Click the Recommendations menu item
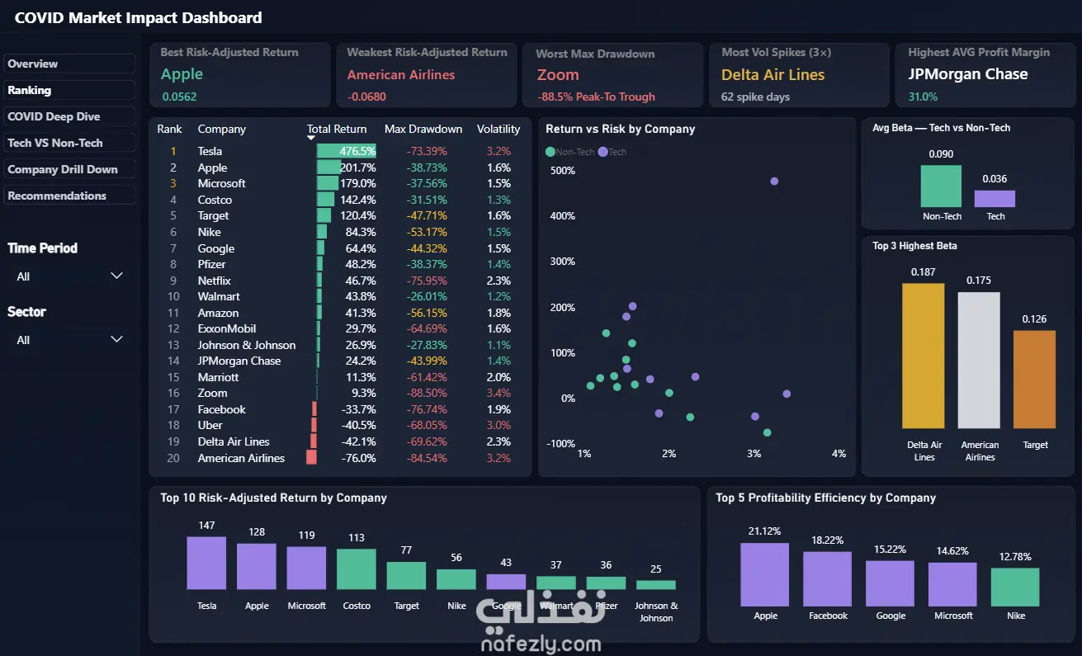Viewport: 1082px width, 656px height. point(69,196)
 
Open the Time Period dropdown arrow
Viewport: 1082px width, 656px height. point(116,276)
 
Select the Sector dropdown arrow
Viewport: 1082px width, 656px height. point(116,339)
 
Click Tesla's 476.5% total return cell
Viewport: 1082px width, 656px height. point(357,151)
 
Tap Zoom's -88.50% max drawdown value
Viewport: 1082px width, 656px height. point(427,394)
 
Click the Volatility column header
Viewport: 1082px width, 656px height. point(498,129)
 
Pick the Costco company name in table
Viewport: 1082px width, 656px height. point(215,200)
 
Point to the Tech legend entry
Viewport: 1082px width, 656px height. point(612,152)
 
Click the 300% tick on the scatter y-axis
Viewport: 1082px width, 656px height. point(562,262)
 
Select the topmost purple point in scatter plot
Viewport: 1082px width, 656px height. point(774,182)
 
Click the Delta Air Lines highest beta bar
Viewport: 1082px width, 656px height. point(923,356)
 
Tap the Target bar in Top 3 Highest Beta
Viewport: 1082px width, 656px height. point(1034,380)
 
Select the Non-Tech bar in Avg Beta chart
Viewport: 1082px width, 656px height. point(941,186)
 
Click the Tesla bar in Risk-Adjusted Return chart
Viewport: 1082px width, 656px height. point(206,563)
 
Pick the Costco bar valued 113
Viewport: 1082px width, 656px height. point(356,569)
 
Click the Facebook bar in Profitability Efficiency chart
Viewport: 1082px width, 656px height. point(827,578)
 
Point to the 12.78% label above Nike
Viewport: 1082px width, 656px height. point(1015,556)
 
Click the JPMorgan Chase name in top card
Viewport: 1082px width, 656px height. point(967,74)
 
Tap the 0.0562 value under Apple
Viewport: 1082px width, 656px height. point(179,97)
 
